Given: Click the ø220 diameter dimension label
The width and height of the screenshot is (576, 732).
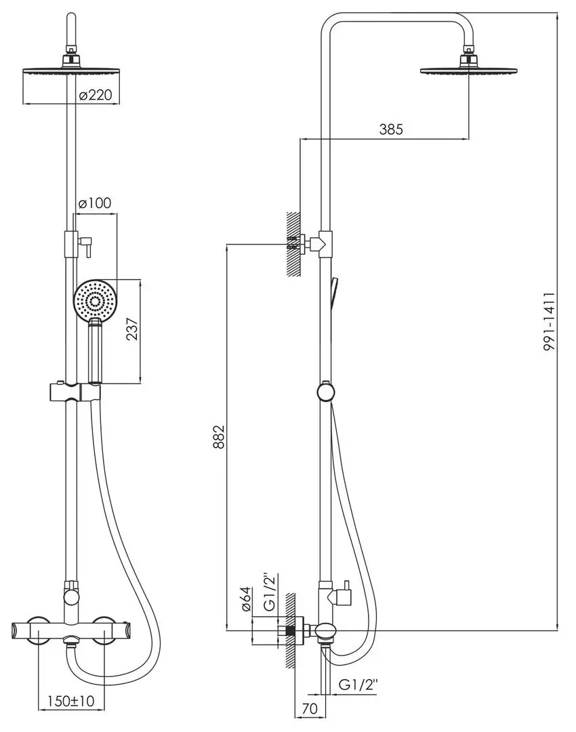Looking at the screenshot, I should tap(95, 95).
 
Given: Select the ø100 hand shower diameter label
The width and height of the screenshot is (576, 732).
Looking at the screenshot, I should tap(94, 203).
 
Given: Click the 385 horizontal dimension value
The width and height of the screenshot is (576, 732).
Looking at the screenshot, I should tap(390, 129).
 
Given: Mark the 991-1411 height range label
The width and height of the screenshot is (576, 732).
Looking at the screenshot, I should tap(550, 321).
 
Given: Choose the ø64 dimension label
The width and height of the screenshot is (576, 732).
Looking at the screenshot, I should tap(247, 601).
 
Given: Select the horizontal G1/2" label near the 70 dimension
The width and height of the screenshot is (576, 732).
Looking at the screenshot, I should tap(360, 685).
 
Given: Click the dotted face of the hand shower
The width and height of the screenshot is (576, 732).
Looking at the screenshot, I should tap(96, 300).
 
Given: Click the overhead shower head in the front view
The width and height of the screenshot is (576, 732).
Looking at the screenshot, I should tap(71, 70).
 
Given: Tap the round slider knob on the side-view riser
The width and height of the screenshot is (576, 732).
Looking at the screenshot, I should tap(326, 392).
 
